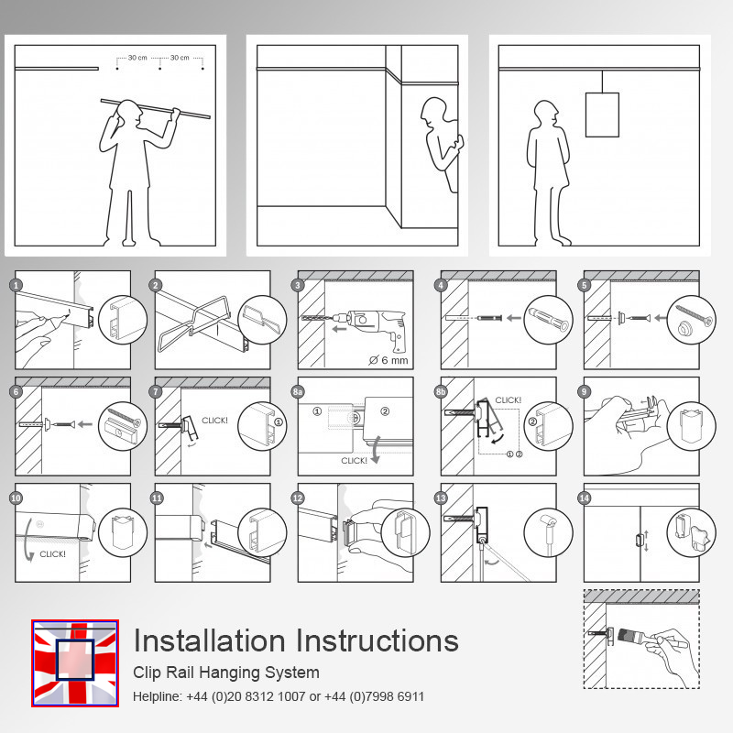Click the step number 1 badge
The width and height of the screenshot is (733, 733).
[x=16, y=285]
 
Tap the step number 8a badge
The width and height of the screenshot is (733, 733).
[x=299, y=392]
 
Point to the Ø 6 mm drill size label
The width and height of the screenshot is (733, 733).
[x=388, y=358]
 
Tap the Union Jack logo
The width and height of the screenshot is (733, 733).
[x=74, y=663]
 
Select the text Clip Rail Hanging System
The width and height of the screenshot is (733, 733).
[x=226, y=673]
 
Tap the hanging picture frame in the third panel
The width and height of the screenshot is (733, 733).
[x=602, y=114]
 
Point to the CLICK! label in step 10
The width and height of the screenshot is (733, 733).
[x=52, y=553]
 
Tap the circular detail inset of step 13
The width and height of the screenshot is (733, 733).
[x=548, y=531]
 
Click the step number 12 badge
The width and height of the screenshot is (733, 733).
[x=299, y=498]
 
